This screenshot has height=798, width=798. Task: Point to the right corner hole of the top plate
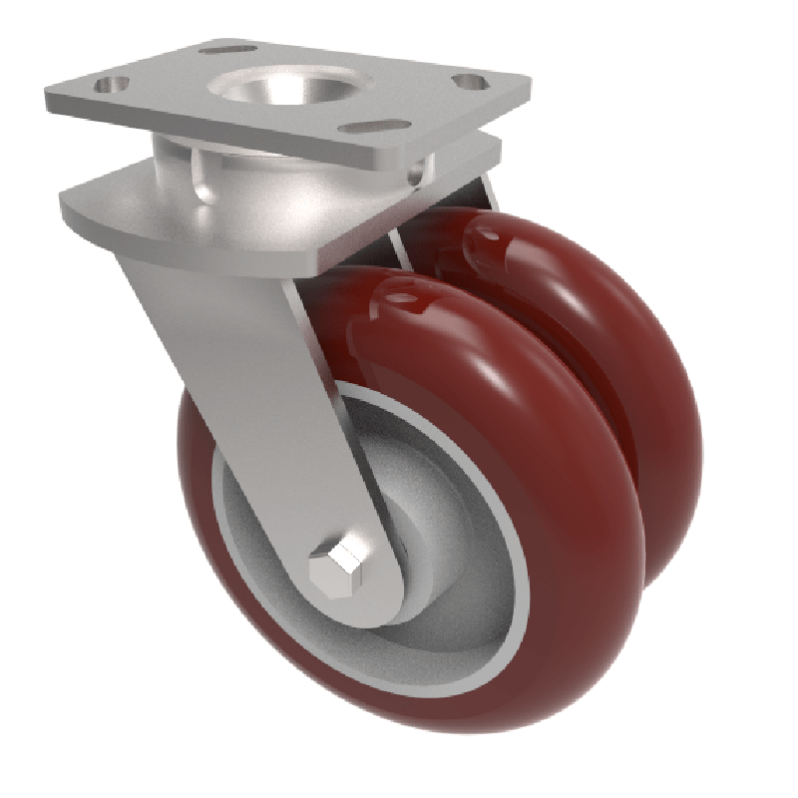(x=469, y=82)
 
